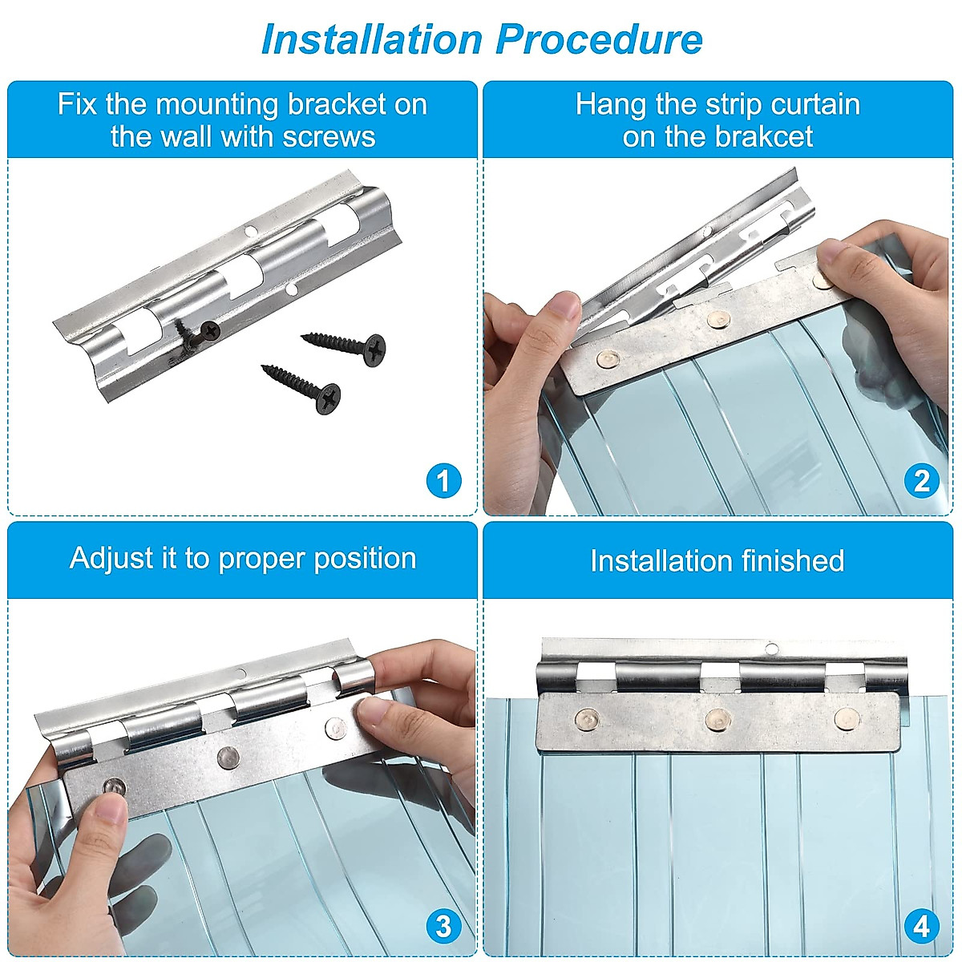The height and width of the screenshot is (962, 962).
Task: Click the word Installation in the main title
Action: pos(372,39)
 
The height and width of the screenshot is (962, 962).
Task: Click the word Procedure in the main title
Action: pos(599,39)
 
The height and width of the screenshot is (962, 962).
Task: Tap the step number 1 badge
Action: pos(444,481)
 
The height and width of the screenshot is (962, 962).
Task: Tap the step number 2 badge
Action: pos(922,481)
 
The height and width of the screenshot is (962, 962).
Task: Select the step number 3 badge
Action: pos(444,927)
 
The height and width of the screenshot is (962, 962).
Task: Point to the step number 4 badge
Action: pos(922,927)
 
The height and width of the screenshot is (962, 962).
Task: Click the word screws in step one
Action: pos(329,137)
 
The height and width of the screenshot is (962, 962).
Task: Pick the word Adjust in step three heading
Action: pos(111,559)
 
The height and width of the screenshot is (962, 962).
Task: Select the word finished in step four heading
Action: pos(793,560)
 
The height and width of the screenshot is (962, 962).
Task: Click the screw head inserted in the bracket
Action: pos(210,330)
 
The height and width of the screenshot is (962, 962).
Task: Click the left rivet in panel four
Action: pos(585,719)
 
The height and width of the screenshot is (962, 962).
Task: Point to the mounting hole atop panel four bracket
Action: pos(771,649)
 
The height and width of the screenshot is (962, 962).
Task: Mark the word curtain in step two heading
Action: pos(816,105)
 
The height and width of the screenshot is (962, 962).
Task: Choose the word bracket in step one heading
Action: pos(337,105)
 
